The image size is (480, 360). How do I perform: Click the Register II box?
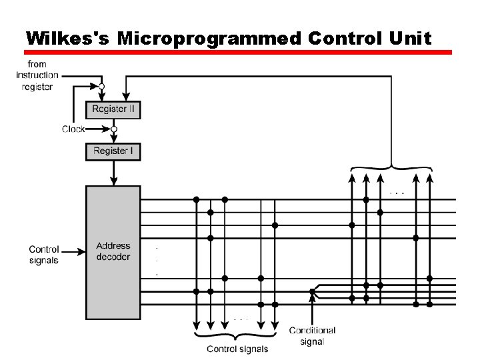click(x=113, y=109)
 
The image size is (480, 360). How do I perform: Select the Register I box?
click(x=113, y=151)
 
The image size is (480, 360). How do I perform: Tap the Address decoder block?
click(x=113, y=251)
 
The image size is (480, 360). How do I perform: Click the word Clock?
click(x=73, y=129)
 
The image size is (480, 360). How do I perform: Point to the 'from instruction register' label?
click(x=37, y=75)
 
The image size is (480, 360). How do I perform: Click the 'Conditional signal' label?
click(x=312, y=336)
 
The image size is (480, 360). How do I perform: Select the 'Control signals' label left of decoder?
click(x=44, y=255)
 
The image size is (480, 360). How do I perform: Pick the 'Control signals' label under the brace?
click(x=237, y=349)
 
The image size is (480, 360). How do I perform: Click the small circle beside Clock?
click(x=114, y=129)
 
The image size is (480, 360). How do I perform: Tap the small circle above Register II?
click(x=101, y=87)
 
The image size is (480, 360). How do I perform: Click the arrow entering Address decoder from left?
click(x=78, y=252)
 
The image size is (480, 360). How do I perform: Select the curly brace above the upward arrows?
click(x=389, y=167)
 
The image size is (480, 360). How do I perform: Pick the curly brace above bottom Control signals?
click(x=237, y=333)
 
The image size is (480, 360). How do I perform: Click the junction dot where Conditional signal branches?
click(x=312, y=291)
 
